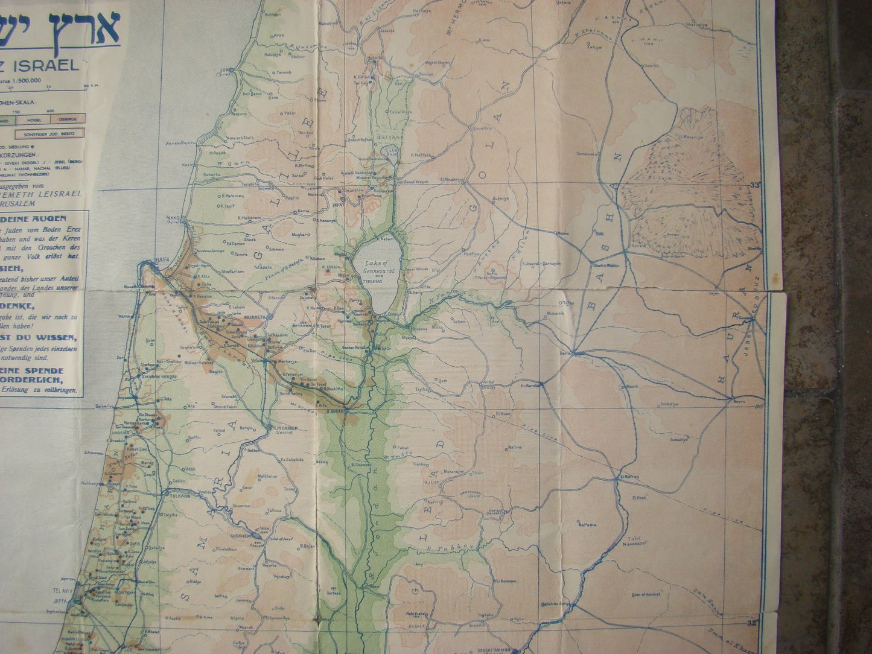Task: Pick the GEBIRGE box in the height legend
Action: (73, 119)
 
